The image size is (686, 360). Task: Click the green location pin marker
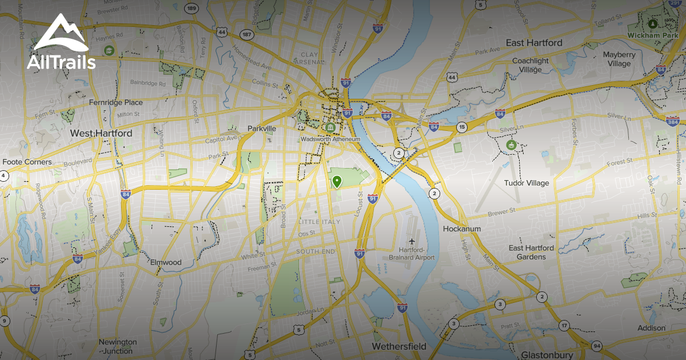click(337, 182)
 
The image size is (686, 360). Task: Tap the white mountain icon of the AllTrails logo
click(61, 35)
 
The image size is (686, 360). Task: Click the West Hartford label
click(101, 133)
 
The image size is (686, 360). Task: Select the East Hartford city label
click(534, 43)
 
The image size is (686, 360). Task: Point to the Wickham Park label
click(652, 35)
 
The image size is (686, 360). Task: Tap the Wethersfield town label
click(399, 346)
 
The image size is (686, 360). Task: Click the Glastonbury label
click(547, 355)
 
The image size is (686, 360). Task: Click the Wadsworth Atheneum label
click(330, 139)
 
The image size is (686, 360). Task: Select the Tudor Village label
click(526, 183)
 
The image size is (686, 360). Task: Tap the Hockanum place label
click(462, 229)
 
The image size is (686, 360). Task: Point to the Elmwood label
click(166, 262)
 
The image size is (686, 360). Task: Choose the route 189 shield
click(192, 9)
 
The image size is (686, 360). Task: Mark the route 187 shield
click(247, 34)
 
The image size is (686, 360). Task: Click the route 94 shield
click(597, 346)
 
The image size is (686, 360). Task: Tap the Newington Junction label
click(118, 346)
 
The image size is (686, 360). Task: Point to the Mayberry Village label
click(619, 59)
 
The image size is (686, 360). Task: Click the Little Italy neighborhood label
click(319, 222)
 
